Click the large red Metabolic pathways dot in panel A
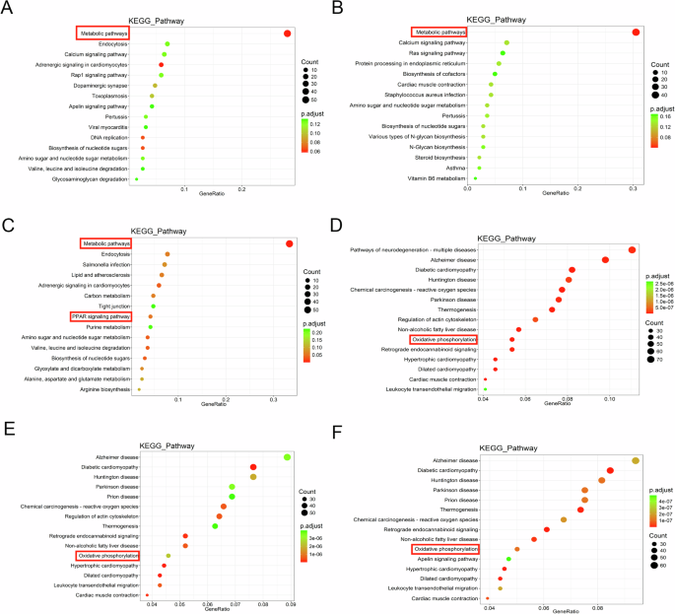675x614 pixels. point(287,34)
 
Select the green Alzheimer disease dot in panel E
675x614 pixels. point(287,457)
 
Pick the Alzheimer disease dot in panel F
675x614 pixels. point(636,460)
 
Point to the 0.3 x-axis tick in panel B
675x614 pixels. point(634,186)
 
